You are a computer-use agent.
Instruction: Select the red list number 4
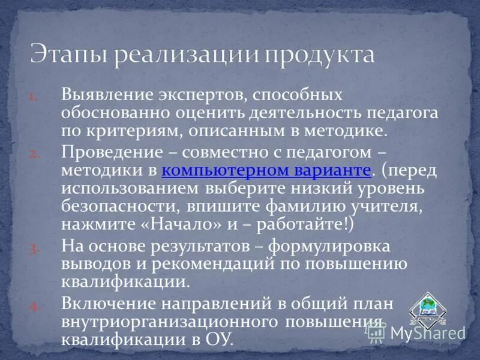tap(34, 306)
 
